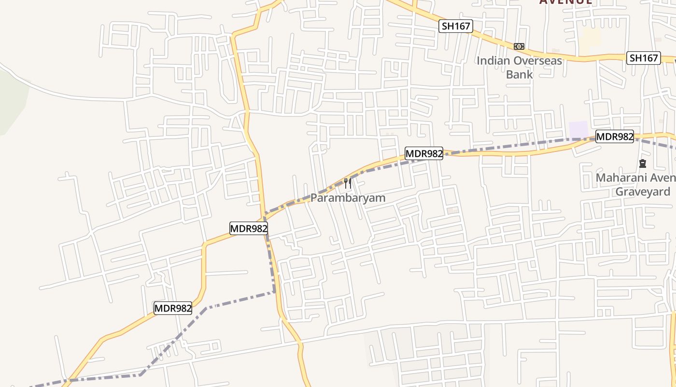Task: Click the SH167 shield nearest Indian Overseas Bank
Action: pyautogui.click(x=455, y=26)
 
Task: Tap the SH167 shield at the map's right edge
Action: pyautogui.click(x=644, y=58)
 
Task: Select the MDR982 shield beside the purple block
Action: pyautogui.click(x=614, y=136)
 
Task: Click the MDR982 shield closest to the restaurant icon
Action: pyautogui.click(x=423, y=154)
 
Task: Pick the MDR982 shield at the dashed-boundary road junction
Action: pyautogui.click(x=248, y=228)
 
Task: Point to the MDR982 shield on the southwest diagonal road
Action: pyautogui.click(x=173, y=308)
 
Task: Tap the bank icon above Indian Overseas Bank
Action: pyautogui.click(x=519, y=46)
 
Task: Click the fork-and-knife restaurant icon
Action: pyautogui.click(x=347, y=183)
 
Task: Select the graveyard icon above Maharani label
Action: pyautogui.click(x=642, y=164)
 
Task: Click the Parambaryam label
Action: pyautogui.click(x=348, y=198)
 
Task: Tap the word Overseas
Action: pyautogui.click(x=538, y=61)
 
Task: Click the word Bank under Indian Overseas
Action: pyautogui.click(x=519, y=74)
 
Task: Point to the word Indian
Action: pyautogui.click(x=493, y=61)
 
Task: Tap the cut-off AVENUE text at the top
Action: pyautogui.click(x=565, y=2)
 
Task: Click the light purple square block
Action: pyautogui.click(x=578, y=130)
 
